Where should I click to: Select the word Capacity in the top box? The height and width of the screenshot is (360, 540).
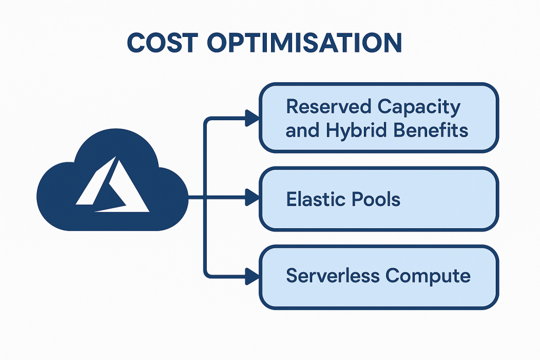tap(419, 107)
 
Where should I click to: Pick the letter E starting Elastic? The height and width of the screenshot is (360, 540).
tap(291, 199)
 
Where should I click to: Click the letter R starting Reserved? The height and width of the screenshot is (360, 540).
tap(292, 107)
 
